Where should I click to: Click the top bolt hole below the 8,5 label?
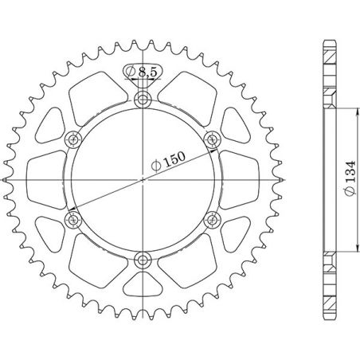143,100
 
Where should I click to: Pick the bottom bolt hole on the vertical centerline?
143,258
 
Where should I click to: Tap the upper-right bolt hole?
212,139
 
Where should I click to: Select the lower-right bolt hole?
212,218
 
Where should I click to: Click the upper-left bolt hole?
75,139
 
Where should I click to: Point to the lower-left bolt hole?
75,218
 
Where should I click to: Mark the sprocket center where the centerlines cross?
143,179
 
